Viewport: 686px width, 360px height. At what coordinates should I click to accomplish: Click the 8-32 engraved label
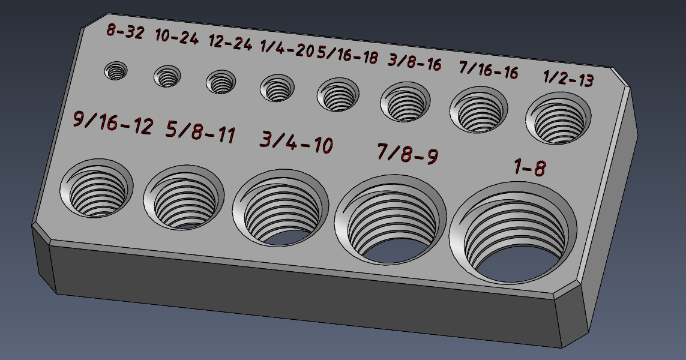point(125,31)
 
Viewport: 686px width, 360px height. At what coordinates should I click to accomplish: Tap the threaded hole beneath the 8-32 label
point(116,71)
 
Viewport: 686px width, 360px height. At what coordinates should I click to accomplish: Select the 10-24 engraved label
point(176,37)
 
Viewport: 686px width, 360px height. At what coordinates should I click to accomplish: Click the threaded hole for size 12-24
point(221,82)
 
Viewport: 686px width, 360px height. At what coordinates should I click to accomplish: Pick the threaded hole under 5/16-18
point(340,95)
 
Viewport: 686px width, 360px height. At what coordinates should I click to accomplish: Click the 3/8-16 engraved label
point(415,62)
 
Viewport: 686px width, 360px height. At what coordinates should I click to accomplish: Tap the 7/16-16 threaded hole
point(479,110)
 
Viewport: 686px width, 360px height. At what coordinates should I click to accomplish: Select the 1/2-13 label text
point(568,78)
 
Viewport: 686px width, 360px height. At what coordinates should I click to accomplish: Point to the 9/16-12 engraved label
point(112,122)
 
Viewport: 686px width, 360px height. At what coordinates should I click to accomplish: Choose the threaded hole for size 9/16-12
point(96,187)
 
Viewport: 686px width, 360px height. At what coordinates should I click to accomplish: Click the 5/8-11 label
point(200,132)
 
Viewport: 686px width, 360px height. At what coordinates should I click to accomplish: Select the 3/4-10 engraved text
point(296,142)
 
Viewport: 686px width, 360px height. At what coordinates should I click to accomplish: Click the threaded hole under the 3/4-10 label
point(280,210)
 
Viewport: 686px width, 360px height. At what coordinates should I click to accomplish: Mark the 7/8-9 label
point(407,154)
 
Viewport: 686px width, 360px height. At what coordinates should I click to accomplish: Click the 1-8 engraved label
point(529,167)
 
